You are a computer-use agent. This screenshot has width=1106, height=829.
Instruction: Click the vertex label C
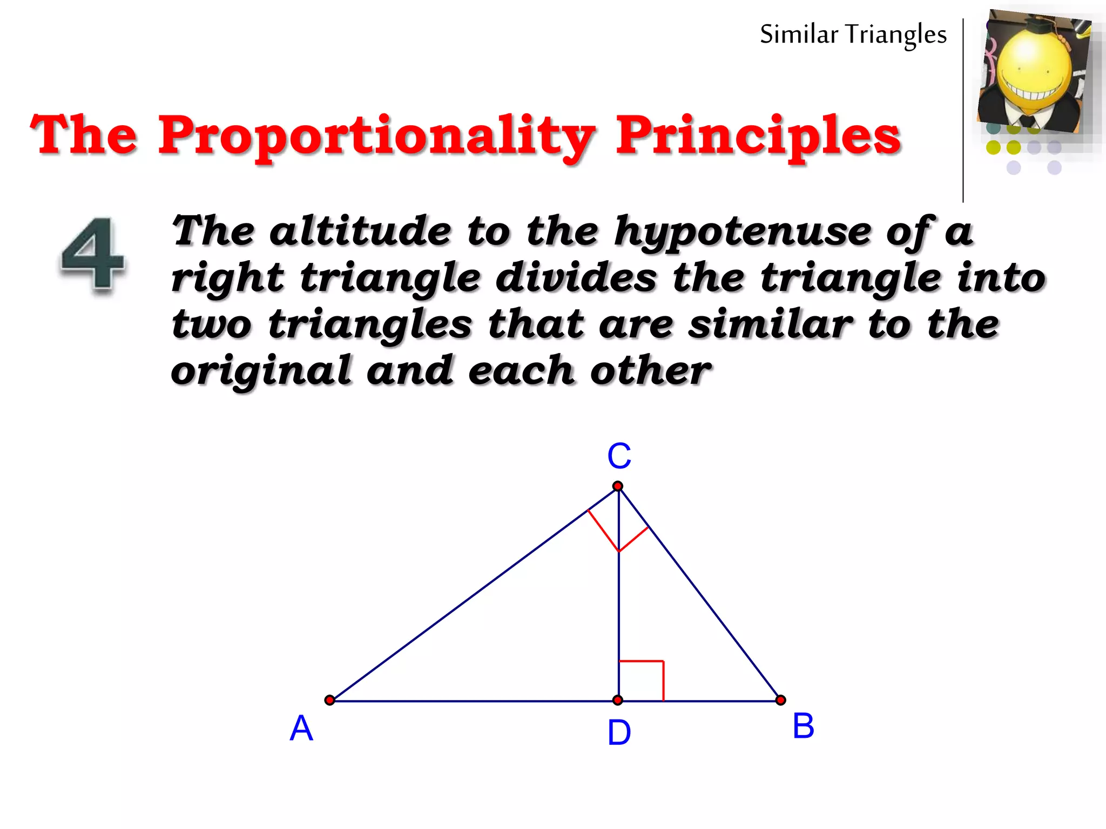tap(619, 456)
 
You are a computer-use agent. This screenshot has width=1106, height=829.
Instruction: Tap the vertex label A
tap(301, 728)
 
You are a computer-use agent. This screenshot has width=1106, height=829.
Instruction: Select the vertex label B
tap(803, 726)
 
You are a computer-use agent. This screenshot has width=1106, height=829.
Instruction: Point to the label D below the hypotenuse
tap(619, 733)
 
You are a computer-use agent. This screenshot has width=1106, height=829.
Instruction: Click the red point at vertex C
tap(618, 486)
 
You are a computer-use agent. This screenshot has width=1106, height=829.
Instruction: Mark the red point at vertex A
tap(329, 701)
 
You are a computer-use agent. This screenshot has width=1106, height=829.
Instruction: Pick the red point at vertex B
tap(780, 701)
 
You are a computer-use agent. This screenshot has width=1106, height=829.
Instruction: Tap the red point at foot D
tap(618, 701)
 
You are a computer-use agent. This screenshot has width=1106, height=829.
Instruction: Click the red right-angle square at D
tap(642, 681)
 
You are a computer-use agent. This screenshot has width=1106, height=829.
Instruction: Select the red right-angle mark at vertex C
tap(618, 532)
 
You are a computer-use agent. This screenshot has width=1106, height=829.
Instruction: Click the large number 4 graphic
tap(93, 254)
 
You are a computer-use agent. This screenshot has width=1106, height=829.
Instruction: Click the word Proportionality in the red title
tap(376, 135)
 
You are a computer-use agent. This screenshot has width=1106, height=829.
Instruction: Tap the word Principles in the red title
tap(758, 135)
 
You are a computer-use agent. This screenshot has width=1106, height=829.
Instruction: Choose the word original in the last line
tap(261, 372)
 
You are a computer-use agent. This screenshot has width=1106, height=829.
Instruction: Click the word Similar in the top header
tap(799, 35)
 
